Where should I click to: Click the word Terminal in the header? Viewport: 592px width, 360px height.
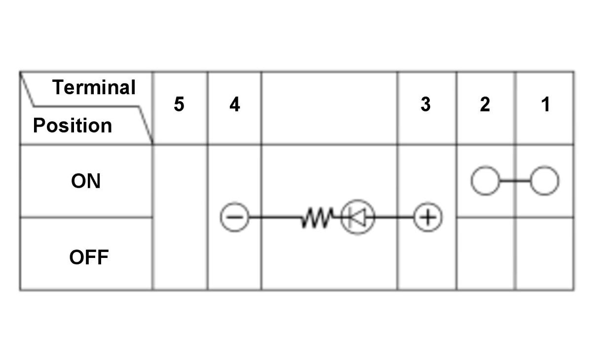tap(94, 87)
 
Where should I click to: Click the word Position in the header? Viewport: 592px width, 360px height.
tap(73, 125)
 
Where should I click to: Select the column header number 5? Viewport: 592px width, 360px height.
tap(179, 105)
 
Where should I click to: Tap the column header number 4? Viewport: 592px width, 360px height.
tap(235, 105)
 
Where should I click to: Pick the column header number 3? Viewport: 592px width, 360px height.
tap(425, 105)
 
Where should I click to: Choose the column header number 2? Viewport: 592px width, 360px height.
tap(485, 105)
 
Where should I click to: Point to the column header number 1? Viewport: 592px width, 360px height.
tap(546, 105)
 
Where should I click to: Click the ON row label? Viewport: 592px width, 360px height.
tap(86, 181)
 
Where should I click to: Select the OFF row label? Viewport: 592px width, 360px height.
tap(89, 257)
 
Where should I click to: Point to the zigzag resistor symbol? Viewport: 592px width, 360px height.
tap(317, 217)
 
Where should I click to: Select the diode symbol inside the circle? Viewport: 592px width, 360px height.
tap(358, 217)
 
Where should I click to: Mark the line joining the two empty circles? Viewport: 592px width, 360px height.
tap(515, 180)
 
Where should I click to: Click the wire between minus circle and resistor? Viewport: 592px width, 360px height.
tap(275, 217)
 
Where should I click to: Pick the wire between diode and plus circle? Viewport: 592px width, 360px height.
tap(394, 217)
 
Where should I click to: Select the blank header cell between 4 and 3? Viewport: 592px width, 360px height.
tap(330, 108)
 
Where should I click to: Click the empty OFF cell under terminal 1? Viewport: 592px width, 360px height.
tap(545, 254)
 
